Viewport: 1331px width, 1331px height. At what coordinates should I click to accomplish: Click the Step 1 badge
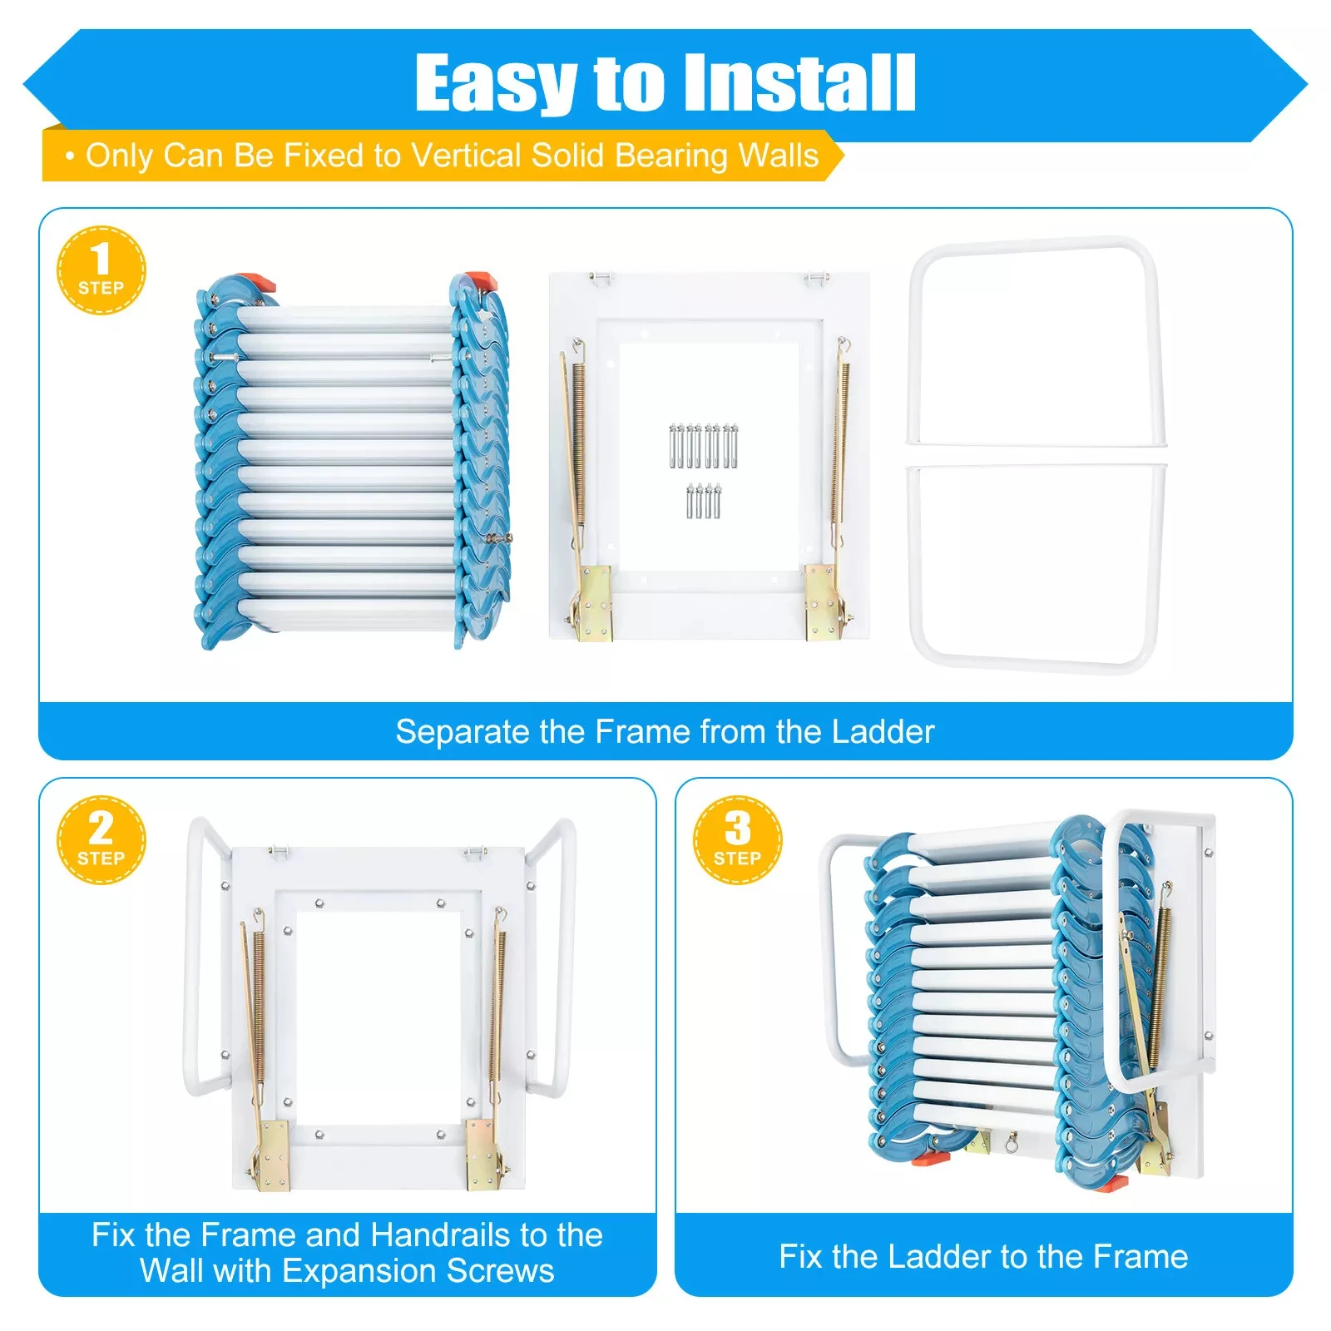pyautogui.click(x=101, y=270)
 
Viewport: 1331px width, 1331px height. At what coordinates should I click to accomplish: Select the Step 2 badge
pyautogui.click(x=101, y=840)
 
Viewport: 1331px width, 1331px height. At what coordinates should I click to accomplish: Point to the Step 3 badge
pyautogui.click(x=737, y=840)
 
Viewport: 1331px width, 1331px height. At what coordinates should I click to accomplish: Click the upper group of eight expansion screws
pyautogui.click(x=703, y=445)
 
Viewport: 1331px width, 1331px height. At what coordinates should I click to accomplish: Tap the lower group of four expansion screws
pyautogui.click(x=703, y=501)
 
